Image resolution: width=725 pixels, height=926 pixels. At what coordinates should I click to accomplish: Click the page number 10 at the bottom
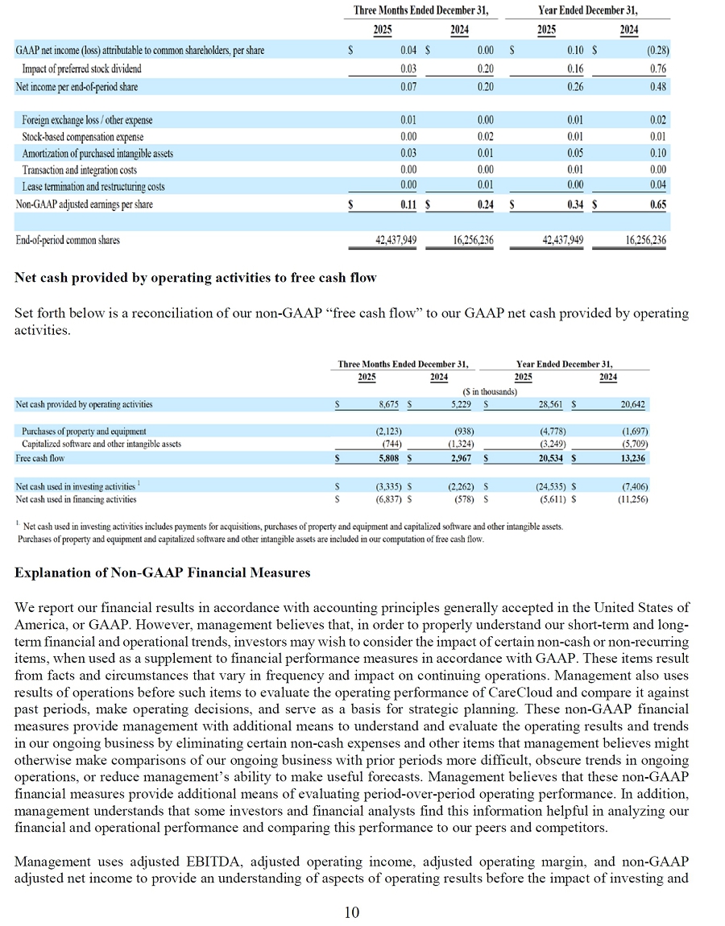[352, 912]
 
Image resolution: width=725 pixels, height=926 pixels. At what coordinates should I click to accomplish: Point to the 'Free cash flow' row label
[40, 458]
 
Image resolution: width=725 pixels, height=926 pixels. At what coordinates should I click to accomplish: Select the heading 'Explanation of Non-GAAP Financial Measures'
[163, 573]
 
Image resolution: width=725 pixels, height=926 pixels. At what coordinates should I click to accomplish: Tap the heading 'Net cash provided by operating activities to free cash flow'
[196, 278]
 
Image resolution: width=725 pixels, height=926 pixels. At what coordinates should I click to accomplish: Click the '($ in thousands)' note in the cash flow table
[491, 391]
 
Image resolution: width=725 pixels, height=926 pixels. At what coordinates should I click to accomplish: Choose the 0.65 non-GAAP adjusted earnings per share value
[657, 205]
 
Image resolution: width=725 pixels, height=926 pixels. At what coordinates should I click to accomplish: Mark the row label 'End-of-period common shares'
[68, 239]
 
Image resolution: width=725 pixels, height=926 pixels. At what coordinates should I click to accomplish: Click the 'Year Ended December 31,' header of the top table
[588, 10]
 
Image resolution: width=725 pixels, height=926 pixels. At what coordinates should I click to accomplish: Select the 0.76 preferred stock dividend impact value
[657, 68]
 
